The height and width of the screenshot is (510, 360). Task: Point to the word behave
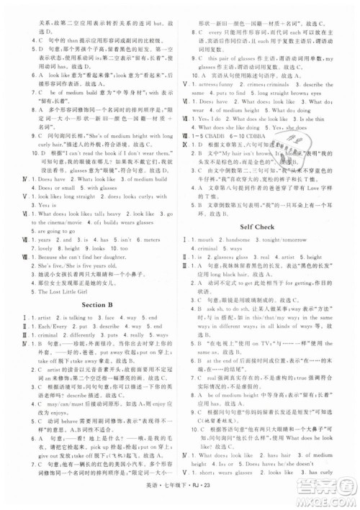[x=56, y=419]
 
